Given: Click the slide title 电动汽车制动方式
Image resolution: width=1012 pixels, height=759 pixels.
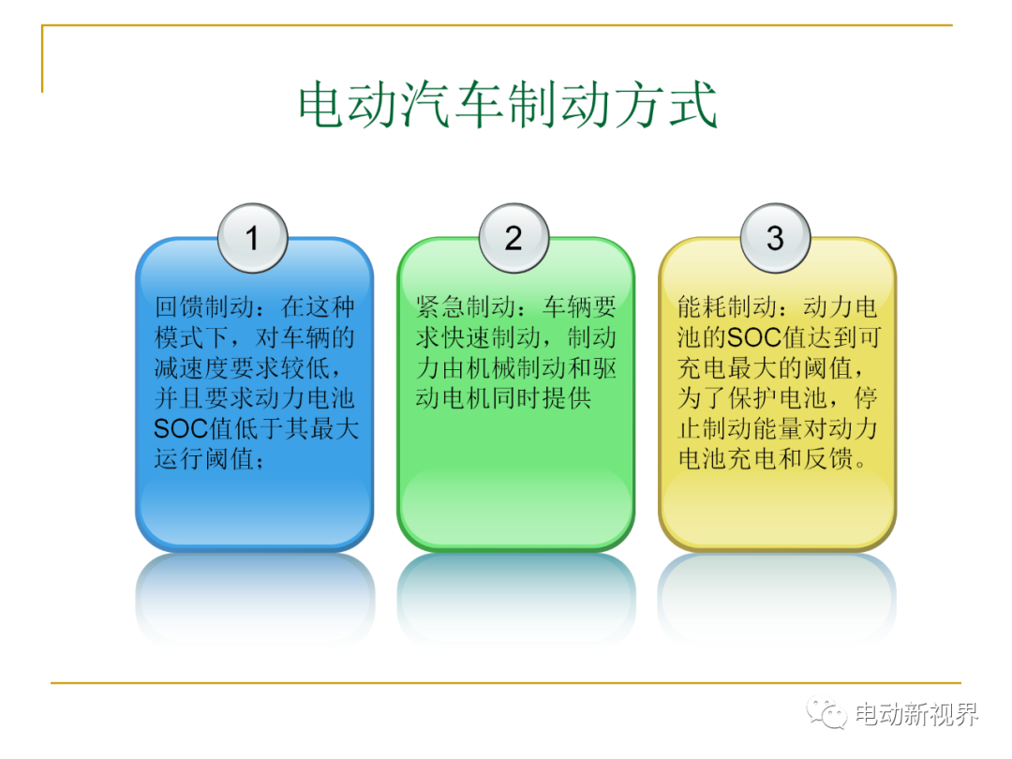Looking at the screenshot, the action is (x=507, y=105).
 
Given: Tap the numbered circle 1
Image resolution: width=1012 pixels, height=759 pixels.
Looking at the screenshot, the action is (x=252, y=238).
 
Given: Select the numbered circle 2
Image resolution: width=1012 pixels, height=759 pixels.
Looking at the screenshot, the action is (x=513, y=238).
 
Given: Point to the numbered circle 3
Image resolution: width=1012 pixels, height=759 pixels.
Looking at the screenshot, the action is (x=775, y=238).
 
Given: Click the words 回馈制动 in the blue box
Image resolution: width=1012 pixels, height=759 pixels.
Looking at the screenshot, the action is (x=204, y=307).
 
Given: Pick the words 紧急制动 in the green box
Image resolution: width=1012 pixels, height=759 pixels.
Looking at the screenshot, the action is (x=466, y=307).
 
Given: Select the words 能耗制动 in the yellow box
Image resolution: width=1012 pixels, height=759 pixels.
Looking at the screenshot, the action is (x=727, y=307).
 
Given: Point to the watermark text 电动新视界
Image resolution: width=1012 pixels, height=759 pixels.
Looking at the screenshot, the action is (x=916, y=714).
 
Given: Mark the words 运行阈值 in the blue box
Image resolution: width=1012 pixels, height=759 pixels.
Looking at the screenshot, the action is (x=204, y=459).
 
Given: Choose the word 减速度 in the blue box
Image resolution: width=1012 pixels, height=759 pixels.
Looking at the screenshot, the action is (x=192, y=368).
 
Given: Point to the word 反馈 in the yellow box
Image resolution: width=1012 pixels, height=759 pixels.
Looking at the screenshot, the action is (x=828, y=459).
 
